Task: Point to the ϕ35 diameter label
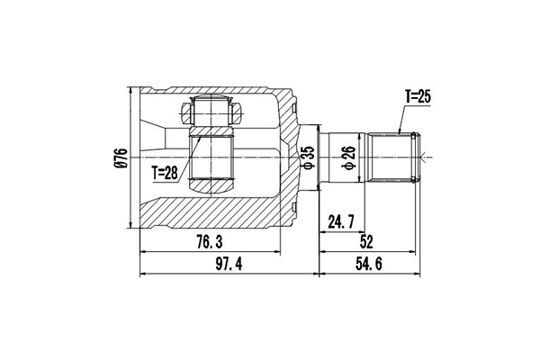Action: pos(307,157)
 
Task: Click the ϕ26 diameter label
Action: pos(347,157)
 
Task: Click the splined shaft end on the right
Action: pos(396,157)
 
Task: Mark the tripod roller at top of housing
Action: pos(213,112)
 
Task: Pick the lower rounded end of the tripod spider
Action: pos(213,185)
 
